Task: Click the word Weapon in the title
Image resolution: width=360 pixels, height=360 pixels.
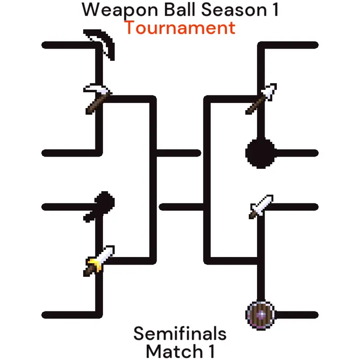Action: pyautogui.click(x=120, y=10)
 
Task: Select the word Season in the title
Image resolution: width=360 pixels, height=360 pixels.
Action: pyautogui.click(x=234, y=10)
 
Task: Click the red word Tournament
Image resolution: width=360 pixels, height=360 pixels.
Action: pyautogui.click(x=180, y=28)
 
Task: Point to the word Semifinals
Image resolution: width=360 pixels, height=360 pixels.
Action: pyautogui.click(x=180, y=333)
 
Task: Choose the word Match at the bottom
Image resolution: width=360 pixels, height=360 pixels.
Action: pyautogui.click(x=174, y=351)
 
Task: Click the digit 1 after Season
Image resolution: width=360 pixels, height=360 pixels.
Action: pyautogui.click(x=275, y=9)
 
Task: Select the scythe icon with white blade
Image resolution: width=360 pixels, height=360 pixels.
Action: pyautogui.click(x=98, y=98)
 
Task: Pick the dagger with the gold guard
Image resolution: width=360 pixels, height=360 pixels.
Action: pyautogui.click(x=99, y=261)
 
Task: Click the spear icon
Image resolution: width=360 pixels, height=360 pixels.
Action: pyautogui.click(x=261, y=99)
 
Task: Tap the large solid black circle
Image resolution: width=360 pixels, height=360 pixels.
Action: pyautogui.click(x=260, y=153)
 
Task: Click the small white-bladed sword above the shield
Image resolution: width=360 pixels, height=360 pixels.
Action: pyautogui.click(x=261, y=207)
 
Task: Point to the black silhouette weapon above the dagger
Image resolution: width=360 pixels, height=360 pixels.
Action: pyautogui.click(x=99, y=207)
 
